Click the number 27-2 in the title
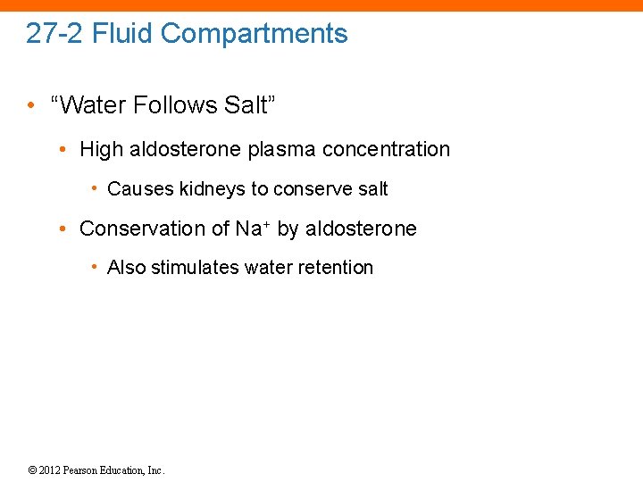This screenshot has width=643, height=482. click(x=55, y=34)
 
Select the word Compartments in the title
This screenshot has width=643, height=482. click(x=255, y=34)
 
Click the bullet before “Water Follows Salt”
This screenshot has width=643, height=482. click(x=31, y=105)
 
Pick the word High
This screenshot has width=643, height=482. click(x=101, y=149)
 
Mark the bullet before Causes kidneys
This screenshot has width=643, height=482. click(x=95, y=189)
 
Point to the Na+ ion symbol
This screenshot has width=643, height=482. click(x=252, y=228)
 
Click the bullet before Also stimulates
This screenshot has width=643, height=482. click(x=95, y=268)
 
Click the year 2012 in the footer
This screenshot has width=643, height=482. click(x=51, y=470)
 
